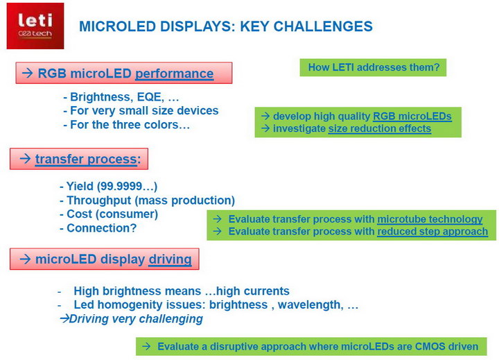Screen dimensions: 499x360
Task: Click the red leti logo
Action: click(35, 26)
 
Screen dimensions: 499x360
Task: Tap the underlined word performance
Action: click(175, 74)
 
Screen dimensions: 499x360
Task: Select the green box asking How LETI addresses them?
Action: click(373, 67)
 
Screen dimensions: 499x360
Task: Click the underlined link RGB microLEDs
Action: click(412, 117)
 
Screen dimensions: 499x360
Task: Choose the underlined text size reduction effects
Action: click(380, 129)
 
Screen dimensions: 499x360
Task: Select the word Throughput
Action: click(99, 200)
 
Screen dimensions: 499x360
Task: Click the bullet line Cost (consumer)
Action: click(109, 214)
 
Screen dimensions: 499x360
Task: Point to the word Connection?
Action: click(101, 228)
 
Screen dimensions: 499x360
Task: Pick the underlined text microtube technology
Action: click(430, 219)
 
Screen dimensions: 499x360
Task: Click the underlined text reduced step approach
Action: click(432, 232)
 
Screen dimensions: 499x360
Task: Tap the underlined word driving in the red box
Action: click(170, 259)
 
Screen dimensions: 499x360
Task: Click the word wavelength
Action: click(310, 305)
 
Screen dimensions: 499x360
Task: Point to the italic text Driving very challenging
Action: click(136, 319)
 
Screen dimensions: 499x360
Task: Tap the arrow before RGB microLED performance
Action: click(28, 73)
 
